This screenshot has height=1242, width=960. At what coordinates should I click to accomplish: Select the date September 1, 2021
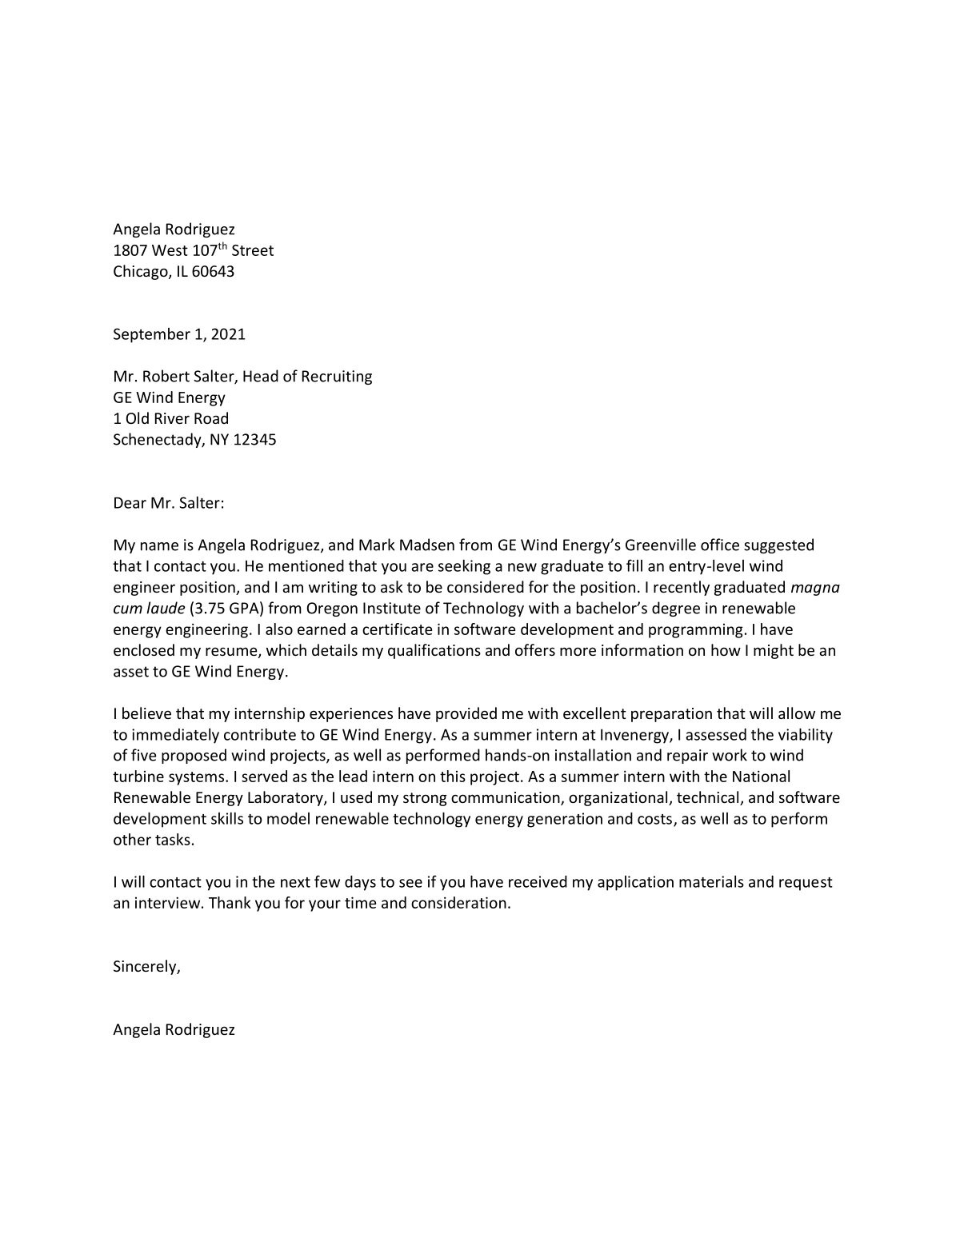click(x=179, y=334)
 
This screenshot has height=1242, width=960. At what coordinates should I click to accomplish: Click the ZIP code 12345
click(x=254, y=439)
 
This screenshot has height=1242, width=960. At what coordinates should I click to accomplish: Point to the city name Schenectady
click(x=158, y=439)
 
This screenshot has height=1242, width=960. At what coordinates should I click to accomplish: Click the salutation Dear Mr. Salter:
click(x=169, y=503)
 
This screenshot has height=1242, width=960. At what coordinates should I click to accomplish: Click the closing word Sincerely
click(x=146, y=966)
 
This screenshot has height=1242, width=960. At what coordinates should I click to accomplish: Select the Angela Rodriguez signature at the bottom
click(x=174, y=1029)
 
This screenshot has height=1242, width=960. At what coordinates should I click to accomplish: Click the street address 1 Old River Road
click(x=170, y=418)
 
